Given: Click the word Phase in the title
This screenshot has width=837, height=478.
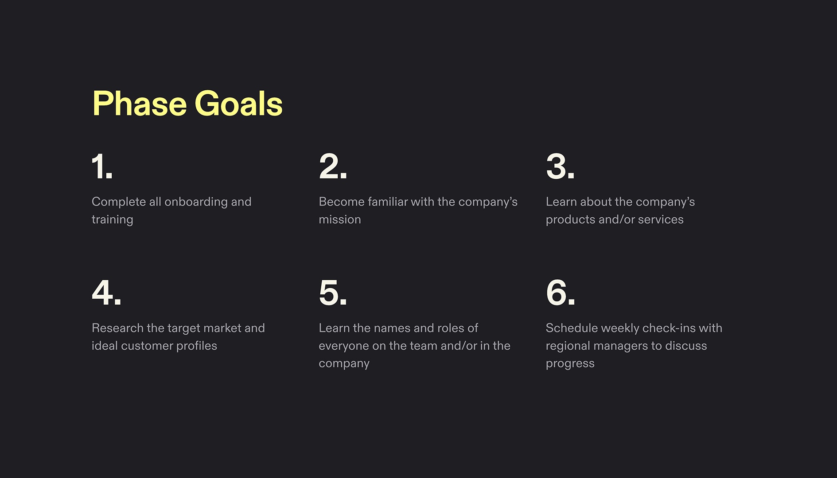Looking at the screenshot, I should click(x=139, y=104).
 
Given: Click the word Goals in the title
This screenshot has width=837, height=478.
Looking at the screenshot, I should click(x=238, y=104).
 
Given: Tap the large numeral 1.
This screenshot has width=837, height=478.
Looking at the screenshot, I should click(x=101, y=166).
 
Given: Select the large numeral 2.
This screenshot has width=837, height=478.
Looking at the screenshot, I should click(x=332, y=166).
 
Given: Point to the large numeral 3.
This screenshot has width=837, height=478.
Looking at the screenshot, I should click(x=560, y=166).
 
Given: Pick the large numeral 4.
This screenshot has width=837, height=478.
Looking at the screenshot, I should click(x=106, y=293).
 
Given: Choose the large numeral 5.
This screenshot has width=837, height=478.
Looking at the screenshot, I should click(x=332, y=293).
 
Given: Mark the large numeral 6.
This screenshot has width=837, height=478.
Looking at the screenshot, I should click(x=560, y=293).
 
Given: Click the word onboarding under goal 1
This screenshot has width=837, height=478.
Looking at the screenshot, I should click(x=196, y=202).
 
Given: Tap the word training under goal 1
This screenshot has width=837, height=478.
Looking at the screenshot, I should click(x=112, y=220).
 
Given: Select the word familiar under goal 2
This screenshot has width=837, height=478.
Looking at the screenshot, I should click(x=387, y=202).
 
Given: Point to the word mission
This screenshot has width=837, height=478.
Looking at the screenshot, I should click(x=340, y=220).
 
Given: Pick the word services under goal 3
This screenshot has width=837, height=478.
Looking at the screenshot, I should click(x=661, y=220).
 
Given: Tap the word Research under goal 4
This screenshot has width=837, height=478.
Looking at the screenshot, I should click(x=117, y=328).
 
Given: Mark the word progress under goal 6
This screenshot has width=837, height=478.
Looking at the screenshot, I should click(x=570, y=363).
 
